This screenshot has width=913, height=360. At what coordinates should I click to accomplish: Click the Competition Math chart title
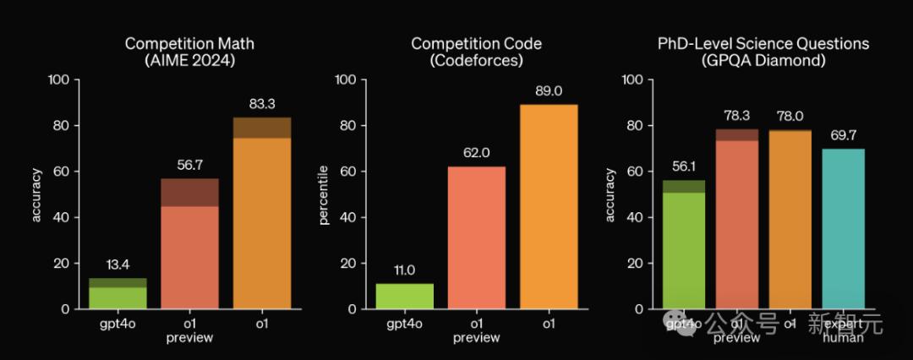click(189, 51)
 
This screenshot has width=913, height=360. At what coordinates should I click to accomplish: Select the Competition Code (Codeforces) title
click(476, 51)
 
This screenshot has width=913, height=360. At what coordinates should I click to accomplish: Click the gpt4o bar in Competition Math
click(118, 294)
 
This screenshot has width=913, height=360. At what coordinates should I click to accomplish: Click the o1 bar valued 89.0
click(548, 207)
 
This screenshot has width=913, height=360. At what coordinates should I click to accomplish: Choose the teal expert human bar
click(843, 229)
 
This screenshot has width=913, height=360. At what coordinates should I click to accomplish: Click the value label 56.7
click(189, 164)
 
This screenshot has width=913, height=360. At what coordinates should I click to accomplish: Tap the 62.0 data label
click(476, 152)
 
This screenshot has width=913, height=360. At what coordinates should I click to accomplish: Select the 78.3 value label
click(737, 115)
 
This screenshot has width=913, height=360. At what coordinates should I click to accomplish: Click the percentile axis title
click(324, 195)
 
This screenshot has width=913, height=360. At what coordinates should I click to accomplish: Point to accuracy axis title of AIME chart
click(36, 195)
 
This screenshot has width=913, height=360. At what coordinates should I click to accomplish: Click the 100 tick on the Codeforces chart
click(347, 79)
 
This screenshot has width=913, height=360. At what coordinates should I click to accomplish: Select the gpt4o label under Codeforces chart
click(404, 323)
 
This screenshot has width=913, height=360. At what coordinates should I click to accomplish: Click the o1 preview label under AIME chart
click(189, 330)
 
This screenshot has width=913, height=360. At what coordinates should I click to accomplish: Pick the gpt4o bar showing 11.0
click(404, 297)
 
